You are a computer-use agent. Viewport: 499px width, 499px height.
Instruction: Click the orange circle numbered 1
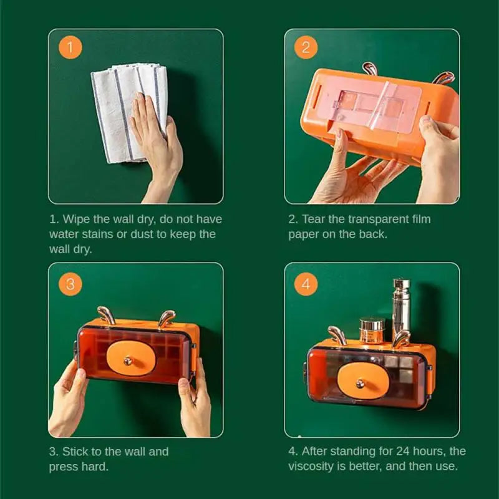(70, 47)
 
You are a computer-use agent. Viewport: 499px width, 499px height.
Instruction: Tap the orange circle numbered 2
(306, 47)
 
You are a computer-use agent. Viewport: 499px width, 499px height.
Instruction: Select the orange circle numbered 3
(70, 284)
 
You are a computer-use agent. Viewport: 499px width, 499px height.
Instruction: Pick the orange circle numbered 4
(306, 284)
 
